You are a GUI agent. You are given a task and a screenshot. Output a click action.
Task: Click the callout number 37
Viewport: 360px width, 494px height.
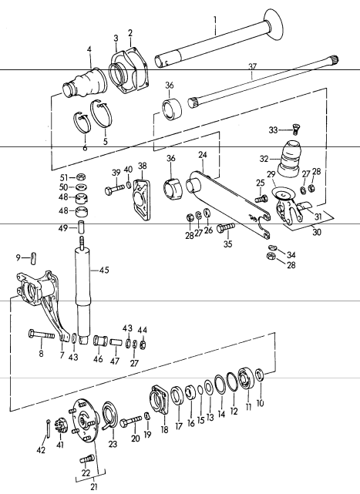253,67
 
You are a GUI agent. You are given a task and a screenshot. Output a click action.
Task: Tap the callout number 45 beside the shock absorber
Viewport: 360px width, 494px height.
104,270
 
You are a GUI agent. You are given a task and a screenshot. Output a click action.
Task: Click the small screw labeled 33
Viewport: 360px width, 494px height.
294,129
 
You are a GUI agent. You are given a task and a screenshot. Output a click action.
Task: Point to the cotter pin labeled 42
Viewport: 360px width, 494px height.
49,428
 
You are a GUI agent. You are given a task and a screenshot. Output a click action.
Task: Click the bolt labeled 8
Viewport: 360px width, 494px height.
42,334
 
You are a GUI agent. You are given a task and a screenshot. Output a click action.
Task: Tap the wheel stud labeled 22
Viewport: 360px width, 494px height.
86,459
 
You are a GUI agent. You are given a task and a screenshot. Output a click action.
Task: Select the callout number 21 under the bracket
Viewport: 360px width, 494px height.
93,487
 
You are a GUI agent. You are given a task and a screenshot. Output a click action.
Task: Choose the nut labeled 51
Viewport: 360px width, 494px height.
82,177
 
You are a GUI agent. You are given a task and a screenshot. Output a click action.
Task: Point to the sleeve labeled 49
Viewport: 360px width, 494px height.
82,227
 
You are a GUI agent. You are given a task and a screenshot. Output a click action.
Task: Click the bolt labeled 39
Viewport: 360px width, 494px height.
115,190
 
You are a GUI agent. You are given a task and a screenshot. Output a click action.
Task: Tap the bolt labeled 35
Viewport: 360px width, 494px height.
226,227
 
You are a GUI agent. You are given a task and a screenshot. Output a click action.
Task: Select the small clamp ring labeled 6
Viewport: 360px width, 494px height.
82,124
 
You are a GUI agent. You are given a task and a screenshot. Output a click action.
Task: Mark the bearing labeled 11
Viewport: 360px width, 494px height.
247,380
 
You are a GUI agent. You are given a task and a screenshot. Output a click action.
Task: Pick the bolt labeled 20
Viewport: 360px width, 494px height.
130,421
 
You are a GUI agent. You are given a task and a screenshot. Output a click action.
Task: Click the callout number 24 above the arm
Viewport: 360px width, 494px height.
203,155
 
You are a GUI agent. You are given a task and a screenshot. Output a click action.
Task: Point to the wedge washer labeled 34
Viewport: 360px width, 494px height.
273,247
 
